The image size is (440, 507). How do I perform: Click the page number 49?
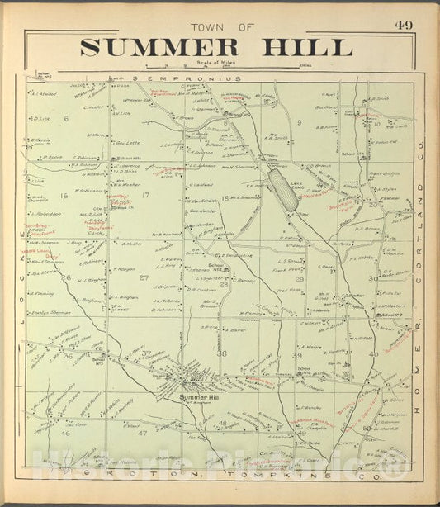click(x=405, y=25)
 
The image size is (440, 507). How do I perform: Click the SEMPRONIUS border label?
click(x=199, y=79)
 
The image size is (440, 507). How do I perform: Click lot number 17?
click(x=145, y=196)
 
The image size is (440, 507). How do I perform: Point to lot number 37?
click(x=146, y=354)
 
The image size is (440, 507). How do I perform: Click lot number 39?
click(x=297, y=354)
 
